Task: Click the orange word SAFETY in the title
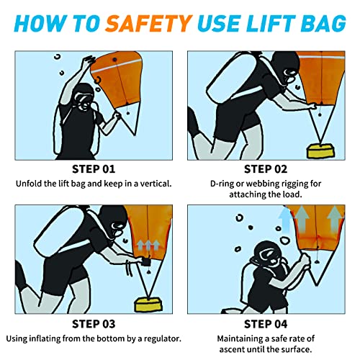click(x=149, y=24)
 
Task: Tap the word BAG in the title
click(x=323, y=24)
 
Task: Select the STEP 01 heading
click(x=94, y=169)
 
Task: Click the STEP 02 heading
click(x=266, y=169)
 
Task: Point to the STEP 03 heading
click(x=94, y=324)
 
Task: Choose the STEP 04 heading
click(x=266, y=324)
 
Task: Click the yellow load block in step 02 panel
click(x=320, y=150)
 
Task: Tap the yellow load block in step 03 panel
click(x=148, y=305)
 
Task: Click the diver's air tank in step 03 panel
click(x=60, y=232)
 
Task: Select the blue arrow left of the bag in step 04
click(x=286, y=220)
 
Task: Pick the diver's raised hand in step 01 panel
click(x=88, y=60)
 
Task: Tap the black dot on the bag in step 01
click(x=114, y=59)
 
